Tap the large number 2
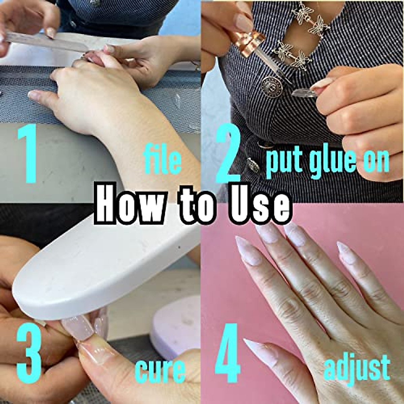click(x=229, y=155)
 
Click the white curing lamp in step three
click(x=101, y=266)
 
